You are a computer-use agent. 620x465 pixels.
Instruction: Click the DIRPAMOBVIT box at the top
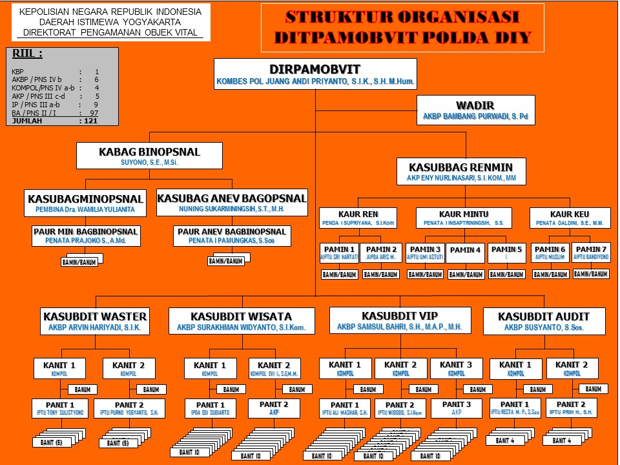[315, 74]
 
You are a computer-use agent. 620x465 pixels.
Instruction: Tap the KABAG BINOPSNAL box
[149, 156]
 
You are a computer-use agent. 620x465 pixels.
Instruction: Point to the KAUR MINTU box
[464, 218]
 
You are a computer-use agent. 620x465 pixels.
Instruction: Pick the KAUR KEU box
[569, 218]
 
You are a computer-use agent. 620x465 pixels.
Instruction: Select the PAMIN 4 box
[466, 253]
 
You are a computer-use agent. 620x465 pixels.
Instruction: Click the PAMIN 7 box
[591, 253]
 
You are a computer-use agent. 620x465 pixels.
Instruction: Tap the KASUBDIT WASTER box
[95, 321]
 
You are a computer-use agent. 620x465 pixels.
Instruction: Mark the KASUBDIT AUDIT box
[544, 321]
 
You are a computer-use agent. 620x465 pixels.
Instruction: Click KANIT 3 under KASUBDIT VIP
[457, 368]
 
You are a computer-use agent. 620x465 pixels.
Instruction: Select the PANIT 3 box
[457, 408]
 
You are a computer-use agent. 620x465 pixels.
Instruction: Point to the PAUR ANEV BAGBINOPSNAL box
[232, 236]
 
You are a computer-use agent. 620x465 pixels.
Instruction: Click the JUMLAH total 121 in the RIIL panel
[55, 120]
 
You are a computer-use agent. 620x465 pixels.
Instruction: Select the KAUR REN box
[358, 218]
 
